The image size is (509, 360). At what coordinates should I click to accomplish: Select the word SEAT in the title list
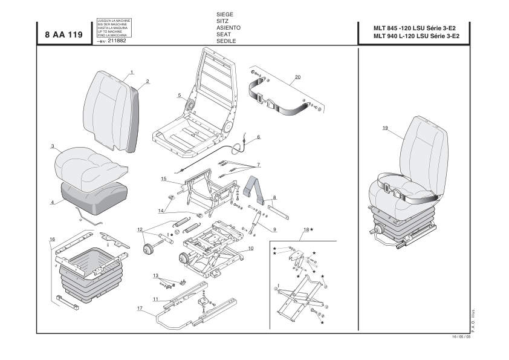tap(224, 34)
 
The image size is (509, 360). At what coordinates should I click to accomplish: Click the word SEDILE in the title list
tap(225, 41)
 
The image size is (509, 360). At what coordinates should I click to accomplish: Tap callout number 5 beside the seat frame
tap(180, 95)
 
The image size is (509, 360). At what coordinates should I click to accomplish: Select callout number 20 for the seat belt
tap(297, 77)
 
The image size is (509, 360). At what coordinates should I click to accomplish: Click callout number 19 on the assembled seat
tap(385, 128)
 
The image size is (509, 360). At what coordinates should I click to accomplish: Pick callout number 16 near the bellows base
tap(52, 239)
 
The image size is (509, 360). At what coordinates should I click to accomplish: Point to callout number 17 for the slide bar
tap(140, 309)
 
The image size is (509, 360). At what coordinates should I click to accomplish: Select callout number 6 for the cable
tap(258, 137)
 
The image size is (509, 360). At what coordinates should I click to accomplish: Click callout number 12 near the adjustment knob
tap(140, 229)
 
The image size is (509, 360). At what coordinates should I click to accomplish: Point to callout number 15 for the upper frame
tap(163, 179)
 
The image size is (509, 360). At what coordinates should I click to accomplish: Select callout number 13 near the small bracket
tap(156, 275)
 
